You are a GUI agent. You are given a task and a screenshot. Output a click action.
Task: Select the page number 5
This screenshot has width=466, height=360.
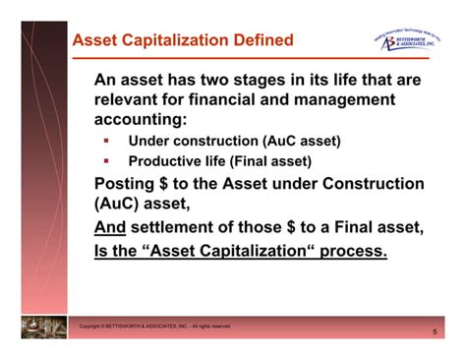(434, 332)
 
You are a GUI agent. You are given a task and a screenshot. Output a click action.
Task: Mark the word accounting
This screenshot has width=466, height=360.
(139, 120)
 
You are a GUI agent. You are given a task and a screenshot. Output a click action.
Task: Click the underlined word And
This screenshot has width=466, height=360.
(112, 227)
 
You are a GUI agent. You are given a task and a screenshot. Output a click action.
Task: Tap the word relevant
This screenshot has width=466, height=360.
(134, 99)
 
